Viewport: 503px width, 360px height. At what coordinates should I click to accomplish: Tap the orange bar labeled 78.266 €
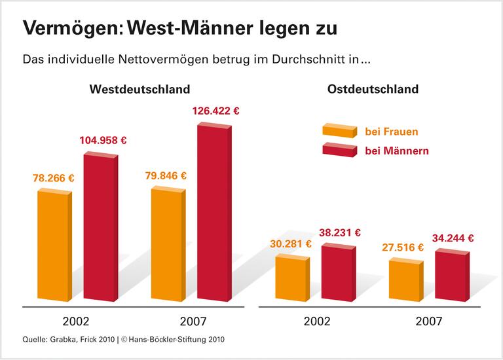(54, 245)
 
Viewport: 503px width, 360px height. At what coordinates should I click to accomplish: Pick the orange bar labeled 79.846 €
(168, 244)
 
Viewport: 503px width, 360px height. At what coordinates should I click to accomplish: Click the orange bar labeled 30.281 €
(291, 278)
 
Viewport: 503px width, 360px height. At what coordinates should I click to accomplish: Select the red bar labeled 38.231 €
(338, 274)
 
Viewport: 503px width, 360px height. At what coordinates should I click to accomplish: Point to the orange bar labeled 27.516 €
(405, 280)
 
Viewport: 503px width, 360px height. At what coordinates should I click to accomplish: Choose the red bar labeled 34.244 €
(452, 276)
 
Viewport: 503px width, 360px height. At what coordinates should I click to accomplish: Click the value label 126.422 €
(215, 111)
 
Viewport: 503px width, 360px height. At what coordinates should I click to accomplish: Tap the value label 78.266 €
(54, 178)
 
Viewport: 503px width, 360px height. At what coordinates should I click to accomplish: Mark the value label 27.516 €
(402, 247)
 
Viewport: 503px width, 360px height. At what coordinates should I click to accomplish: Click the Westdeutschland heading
(140, 89)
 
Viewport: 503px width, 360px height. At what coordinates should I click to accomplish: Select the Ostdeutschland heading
(373, 89)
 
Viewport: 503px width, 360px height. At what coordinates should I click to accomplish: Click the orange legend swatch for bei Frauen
(339, 132)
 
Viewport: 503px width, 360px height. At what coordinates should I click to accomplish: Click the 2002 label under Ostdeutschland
(317, 321)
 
